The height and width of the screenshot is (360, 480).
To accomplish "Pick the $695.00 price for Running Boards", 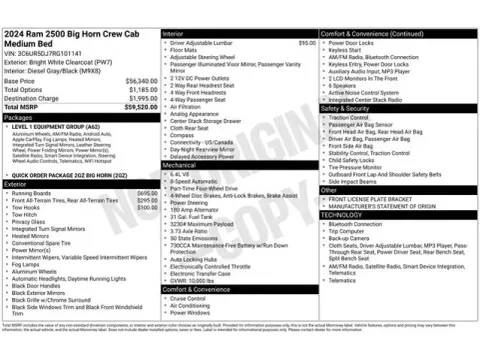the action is pos(146,191).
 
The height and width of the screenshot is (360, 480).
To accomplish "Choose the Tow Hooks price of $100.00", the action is pos(146,207).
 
